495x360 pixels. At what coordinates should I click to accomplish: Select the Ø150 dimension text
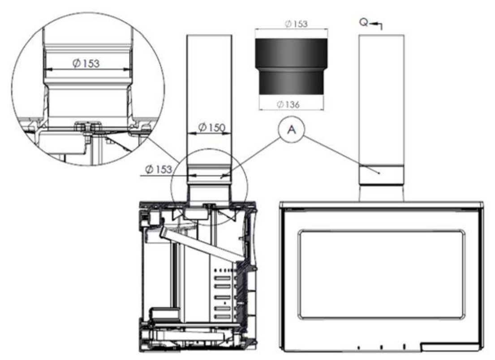click(211, 127)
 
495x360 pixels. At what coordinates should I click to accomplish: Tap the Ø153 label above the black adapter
click(296, 24)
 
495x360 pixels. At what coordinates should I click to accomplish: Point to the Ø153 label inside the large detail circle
click(86, 63)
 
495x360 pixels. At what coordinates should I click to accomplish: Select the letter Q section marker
click(364, 23)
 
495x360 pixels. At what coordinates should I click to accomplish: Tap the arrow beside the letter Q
click(376, 25)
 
